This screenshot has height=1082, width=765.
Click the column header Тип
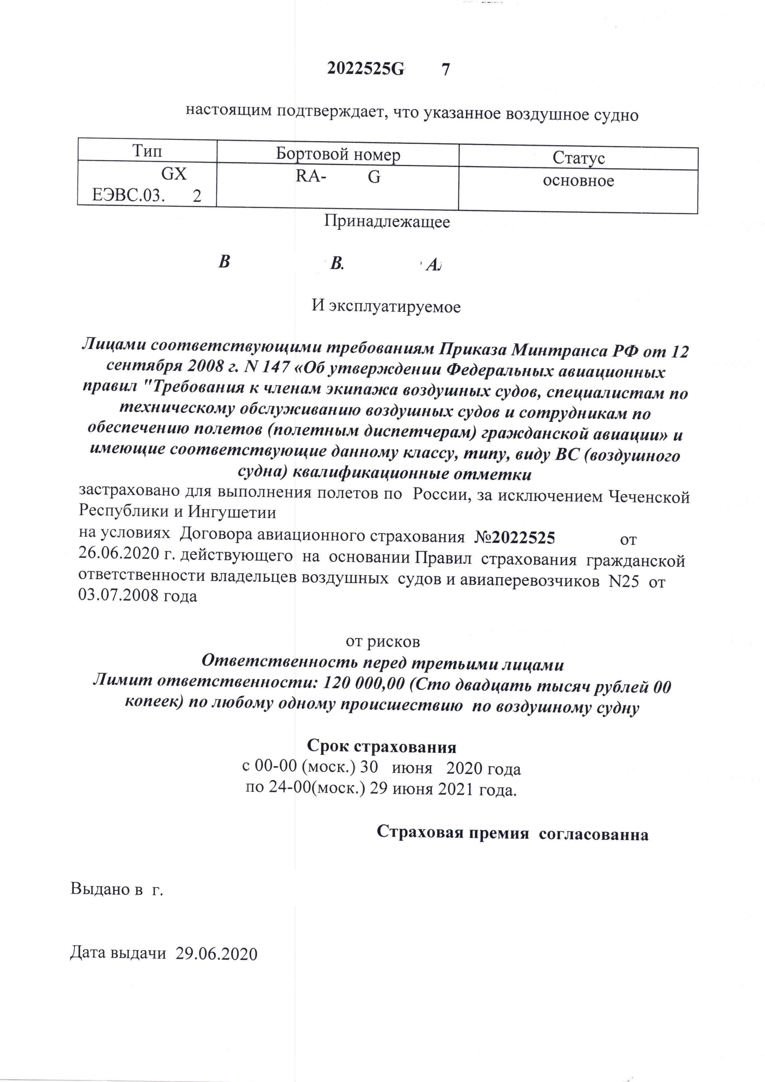coord(147,151)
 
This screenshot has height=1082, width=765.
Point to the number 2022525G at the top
coord(365,69)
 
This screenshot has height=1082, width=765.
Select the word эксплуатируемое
coord(394,307)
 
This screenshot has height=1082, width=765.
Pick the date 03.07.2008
coord(120,596)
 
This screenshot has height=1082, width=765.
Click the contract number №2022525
coord(514,537)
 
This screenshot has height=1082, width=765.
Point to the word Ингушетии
coord(232,512)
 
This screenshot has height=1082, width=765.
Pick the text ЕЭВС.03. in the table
coord(128,195)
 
